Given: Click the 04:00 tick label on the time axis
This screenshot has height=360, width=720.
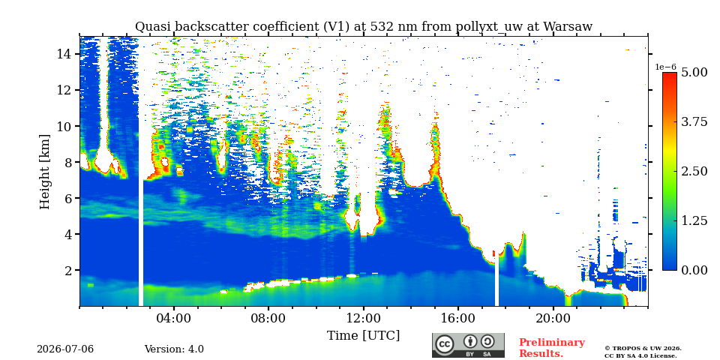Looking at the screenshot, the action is pyautogui.click(x=174, y=319).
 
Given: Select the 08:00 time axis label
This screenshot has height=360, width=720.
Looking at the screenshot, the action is pyautogui.click(x=268, y=319).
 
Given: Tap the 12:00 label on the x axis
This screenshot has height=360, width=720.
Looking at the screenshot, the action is pyautogui.click(x=364, y=319).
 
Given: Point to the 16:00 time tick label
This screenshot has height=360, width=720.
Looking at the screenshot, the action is pyautogui.click(x=458, y=319).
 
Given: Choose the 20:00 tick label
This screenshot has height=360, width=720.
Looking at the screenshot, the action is pyautogui.click(x=553, y=319).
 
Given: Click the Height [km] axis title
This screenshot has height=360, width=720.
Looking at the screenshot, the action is pyautogui.click(x=44, y=172).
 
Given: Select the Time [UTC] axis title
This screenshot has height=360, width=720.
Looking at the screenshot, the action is pyautogui.click(x=363, y=336).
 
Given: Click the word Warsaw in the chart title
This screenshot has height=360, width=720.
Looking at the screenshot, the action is pyautogui.click(x=568, y=27).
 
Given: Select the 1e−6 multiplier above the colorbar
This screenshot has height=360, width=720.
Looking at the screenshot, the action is pyautogui.click(x=666, y=67).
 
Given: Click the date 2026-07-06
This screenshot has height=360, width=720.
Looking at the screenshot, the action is pyautogui.click(x=65, y=349).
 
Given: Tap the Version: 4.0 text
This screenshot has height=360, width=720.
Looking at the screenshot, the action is pyautogui.click(x=174, y=349).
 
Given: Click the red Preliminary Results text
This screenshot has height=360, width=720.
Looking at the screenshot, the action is pyautogui.click(x=552, y=348).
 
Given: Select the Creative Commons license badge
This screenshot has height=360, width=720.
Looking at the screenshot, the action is pyautogui.click(x=468, y=345).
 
